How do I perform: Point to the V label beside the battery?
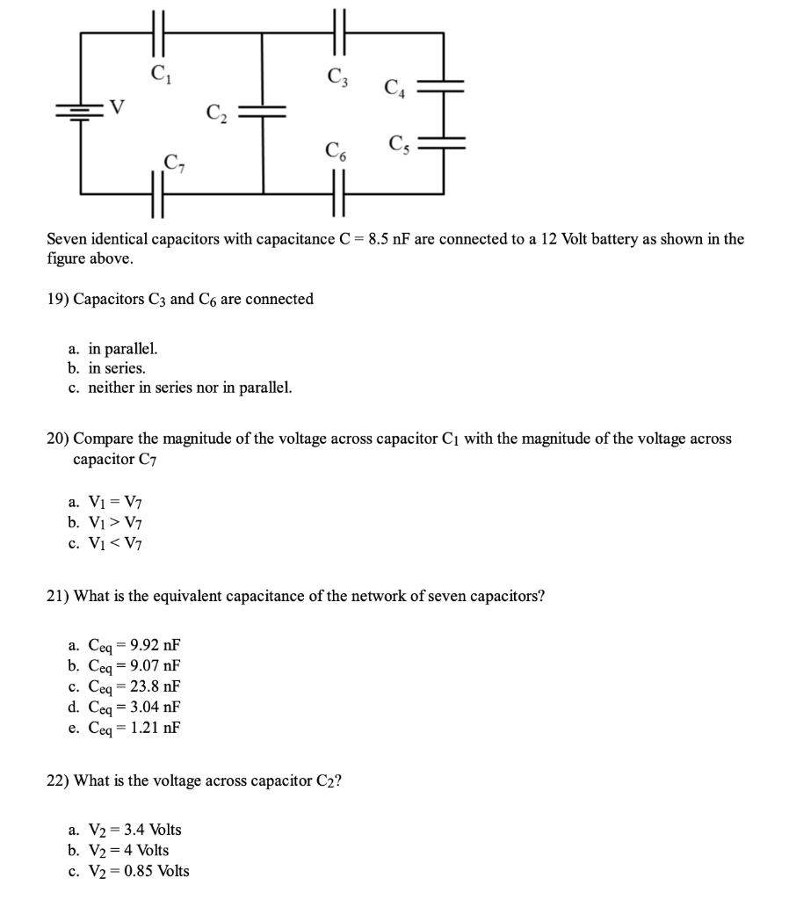click(116, 108)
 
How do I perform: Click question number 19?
click(57, 299)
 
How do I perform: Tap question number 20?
click(57, 438)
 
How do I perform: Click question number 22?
click(57, 780)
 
